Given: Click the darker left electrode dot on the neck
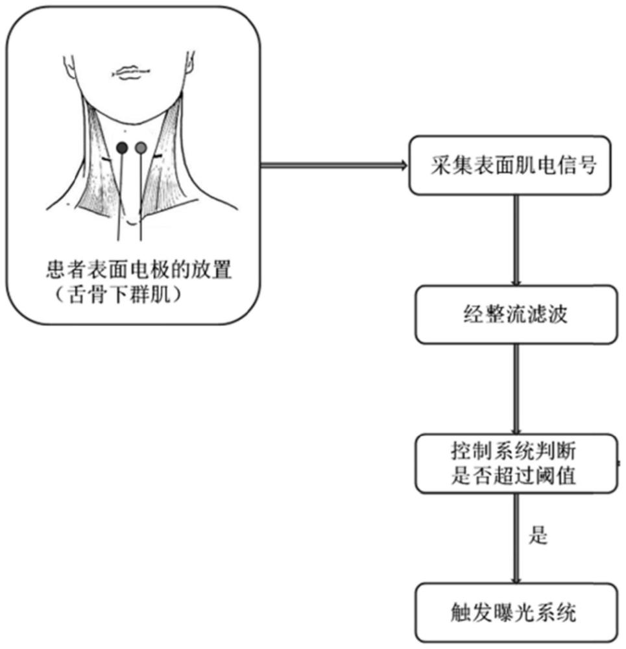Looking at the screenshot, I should (x=121, y=149).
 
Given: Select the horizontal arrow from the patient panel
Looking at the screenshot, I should (x=333, y=165).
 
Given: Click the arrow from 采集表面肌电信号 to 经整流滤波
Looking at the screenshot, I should (x=516, y=240).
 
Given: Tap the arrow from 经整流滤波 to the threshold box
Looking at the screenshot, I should (x=516, y=389).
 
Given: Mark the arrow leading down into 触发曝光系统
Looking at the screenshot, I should (x=516, y=538).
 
